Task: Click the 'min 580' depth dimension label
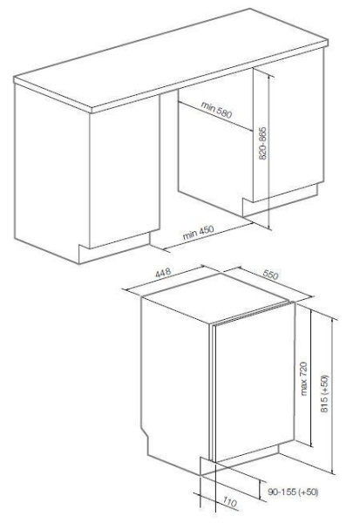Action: [216, 110]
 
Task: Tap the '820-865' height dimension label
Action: [263, 144]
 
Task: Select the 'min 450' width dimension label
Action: [198, 233]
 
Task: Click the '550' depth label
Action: [270, 275]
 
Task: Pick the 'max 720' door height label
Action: [303, 378]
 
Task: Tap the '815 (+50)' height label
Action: [324, 394]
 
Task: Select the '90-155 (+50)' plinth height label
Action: [293, 492]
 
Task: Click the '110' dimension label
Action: [230, 502]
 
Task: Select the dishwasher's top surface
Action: [215, 298]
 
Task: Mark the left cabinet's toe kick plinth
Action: [114, 248]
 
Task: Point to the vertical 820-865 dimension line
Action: [268, 152]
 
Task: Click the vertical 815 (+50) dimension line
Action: [333, 394]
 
